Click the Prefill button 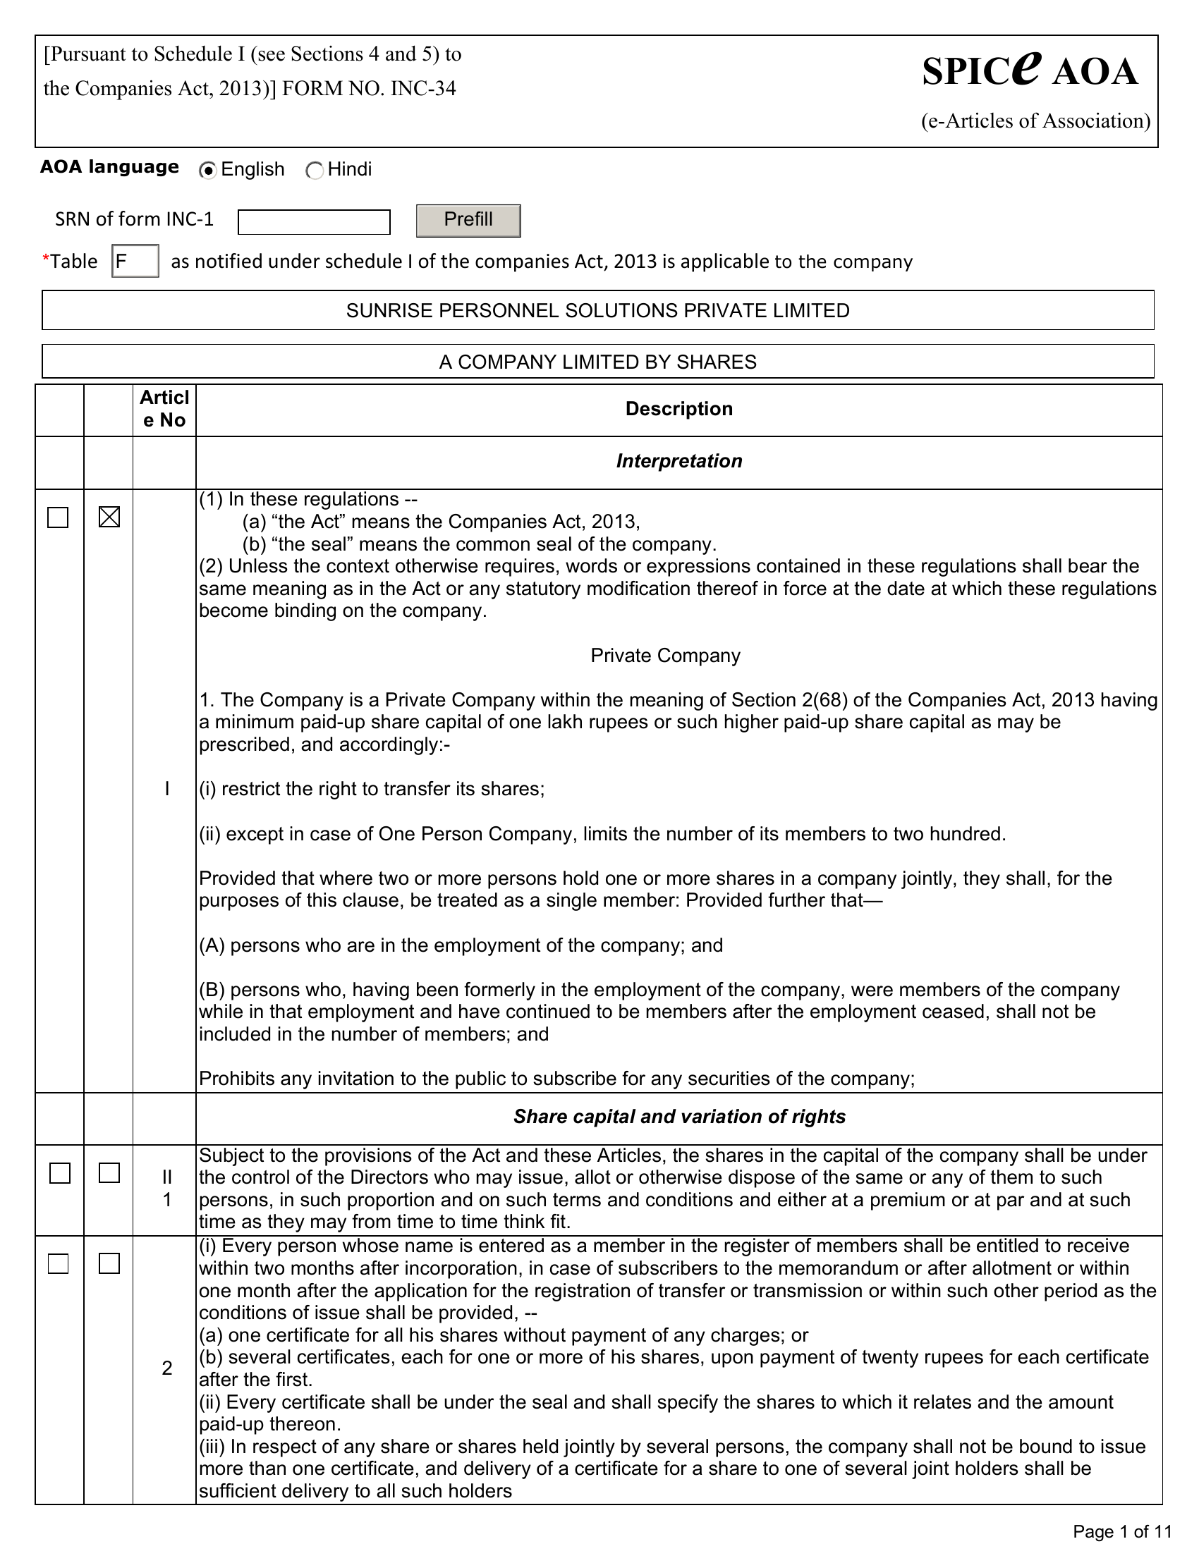[468, 220]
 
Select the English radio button [208, 171]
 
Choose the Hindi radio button [315, 171]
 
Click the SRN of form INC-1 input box [314, 221]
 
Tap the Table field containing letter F [135, 262]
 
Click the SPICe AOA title [1029, 71]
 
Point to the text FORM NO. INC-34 [369, 89]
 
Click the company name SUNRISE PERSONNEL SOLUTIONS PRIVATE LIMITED [597, 310]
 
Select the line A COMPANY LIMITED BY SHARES [597, 362]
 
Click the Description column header [678, 409]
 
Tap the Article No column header [164, 409]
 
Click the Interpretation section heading [678, 462]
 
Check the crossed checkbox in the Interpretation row [109, 517]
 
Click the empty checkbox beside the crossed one [59, 517]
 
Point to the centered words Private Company [665, 656]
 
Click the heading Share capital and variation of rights [679, 1117]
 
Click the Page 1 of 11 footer [1121, 1531]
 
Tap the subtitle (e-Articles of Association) [1035, 121]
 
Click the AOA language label [109, 168]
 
